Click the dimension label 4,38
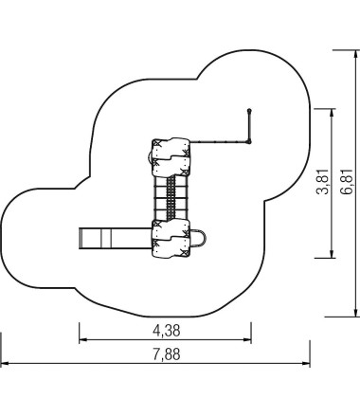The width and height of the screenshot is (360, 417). pyautogui.click(x=167, y=331)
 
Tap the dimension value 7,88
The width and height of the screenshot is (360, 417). pyautogui.click(x=167, y=354)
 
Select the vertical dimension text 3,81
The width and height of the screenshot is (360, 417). pyautogui.click(x=323, y=182)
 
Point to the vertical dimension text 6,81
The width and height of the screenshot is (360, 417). pyautogui.click(x=347, y=182)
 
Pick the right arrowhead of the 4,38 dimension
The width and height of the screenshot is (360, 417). pyautogui.click(x=247, y=340)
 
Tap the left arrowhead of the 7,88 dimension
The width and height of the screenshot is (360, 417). pyautogui.click(x=5, y=363)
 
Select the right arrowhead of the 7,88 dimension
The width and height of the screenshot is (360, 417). pyautogui.click(x=306, y=363)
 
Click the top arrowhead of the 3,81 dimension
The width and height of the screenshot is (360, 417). pyautogui.click(x=332, y=113)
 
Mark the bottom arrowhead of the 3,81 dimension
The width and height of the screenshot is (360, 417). pyautogui.click(x=332, y=254)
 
